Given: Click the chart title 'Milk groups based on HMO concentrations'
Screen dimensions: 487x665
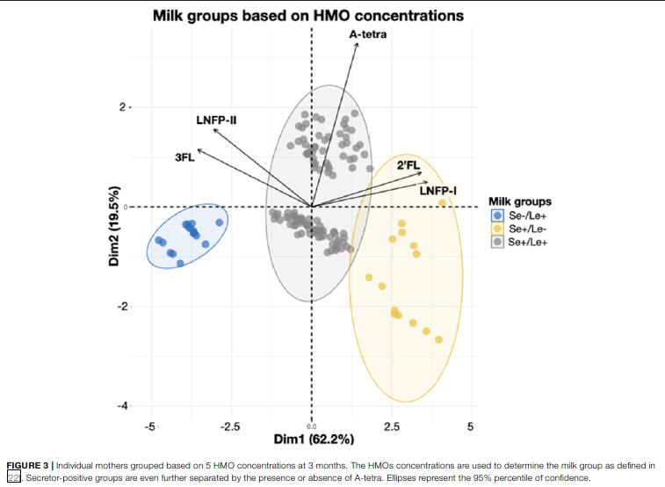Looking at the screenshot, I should (x=307, y=16).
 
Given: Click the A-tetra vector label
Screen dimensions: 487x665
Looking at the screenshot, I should (x=367, y=34).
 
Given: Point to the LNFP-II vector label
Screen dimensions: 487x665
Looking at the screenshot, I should (x=216, y=119).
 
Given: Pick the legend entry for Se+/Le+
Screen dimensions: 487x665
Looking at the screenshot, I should (x=522, y=242).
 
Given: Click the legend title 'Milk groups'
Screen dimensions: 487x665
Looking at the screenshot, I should (x=519, y=200).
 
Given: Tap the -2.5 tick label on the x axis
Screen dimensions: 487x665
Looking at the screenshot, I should (x=230, y=426).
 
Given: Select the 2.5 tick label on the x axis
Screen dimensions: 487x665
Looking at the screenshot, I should (x=391, y=426).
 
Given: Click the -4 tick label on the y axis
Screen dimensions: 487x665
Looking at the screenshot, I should (x=123, y=406).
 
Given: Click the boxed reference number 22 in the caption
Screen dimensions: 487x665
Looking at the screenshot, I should (x=13, y=477).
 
